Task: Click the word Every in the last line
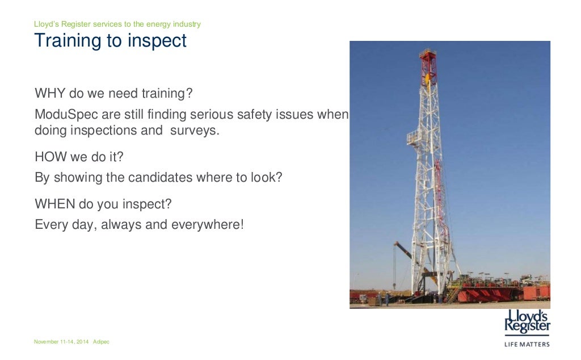(50, 224)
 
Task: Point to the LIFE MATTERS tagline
(527, 344)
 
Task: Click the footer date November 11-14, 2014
(61, 342)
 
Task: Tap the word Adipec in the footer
(101, 342)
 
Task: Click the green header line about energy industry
(117, 24)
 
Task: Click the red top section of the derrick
(427, 62)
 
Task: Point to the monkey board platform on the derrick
(415, 136)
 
